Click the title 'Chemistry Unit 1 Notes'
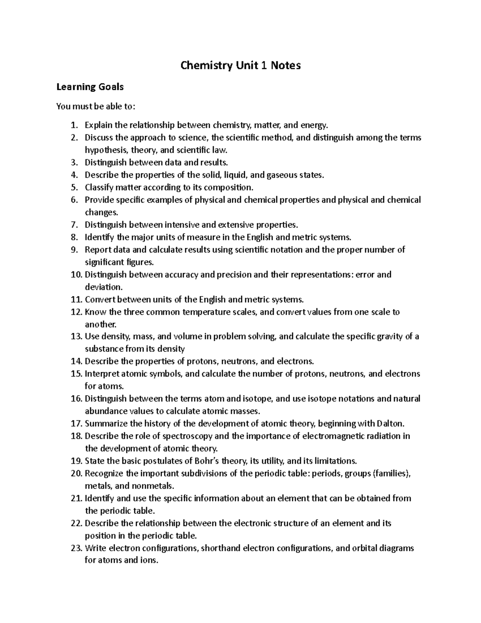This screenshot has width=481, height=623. [x=240, y=65]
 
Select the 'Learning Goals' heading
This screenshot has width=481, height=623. [x=90, y=87]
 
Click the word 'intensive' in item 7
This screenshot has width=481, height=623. [x=182, y=225]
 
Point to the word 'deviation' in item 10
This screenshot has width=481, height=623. [x=102, y=287]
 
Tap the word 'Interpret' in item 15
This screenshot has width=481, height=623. [x=102, y=374]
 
